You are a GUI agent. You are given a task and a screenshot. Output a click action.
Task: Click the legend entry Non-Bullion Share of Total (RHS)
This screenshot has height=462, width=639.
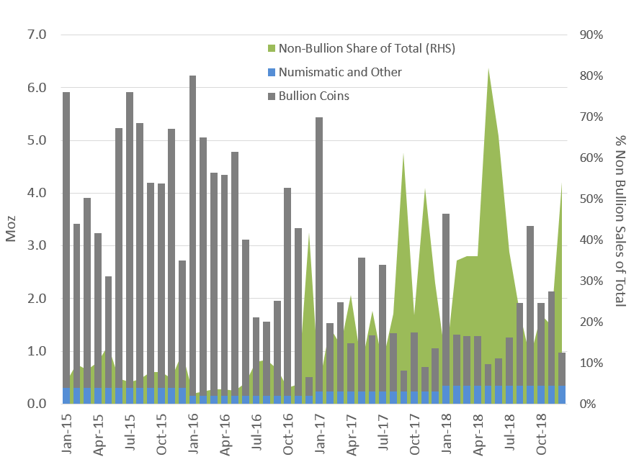pos(367,48)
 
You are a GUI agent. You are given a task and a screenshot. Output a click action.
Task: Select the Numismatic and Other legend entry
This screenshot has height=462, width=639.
pos(340,72)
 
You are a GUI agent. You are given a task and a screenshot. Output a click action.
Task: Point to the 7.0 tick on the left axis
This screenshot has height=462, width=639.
pos(36,35)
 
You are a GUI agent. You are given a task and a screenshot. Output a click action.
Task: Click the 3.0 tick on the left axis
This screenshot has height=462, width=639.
pos(36,246)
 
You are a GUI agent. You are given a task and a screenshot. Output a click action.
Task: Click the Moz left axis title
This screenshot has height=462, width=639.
pos(12,220)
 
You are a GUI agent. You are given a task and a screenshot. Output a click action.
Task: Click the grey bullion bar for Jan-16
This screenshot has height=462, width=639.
pos(193,237)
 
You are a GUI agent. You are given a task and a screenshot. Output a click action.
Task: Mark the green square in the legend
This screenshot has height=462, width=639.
pos(271,49)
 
